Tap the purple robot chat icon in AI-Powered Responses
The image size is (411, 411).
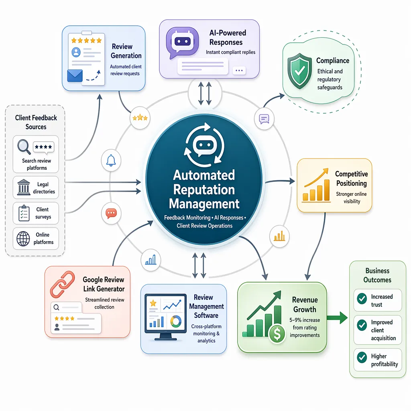tap(182, 43)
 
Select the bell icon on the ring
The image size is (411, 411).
tap(111, 160)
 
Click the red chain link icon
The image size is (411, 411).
tap(62, 285)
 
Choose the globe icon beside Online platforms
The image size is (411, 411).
tap(23, 238)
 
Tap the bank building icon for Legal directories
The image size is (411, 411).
tap(24, 187)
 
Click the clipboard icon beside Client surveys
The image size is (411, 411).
tap(24, 213)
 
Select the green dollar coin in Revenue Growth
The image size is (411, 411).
tap(277, 334)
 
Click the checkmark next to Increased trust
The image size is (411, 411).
tap(362, 299)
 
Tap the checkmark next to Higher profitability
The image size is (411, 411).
tap(362, 357)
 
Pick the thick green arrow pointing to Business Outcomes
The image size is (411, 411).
tap(337, 318)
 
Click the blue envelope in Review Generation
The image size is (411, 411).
tap(75, 76)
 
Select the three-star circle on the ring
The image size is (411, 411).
tap(140, 118)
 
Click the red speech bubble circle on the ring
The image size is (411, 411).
tap(111, 213)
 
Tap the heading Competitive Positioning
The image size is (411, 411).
tap(351, 179)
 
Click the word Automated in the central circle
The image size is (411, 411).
tap(204, 175)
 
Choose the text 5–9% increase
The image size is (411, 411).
tap(305, 320)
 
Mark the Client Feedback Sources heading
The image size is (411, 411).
tap(36, 122)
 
